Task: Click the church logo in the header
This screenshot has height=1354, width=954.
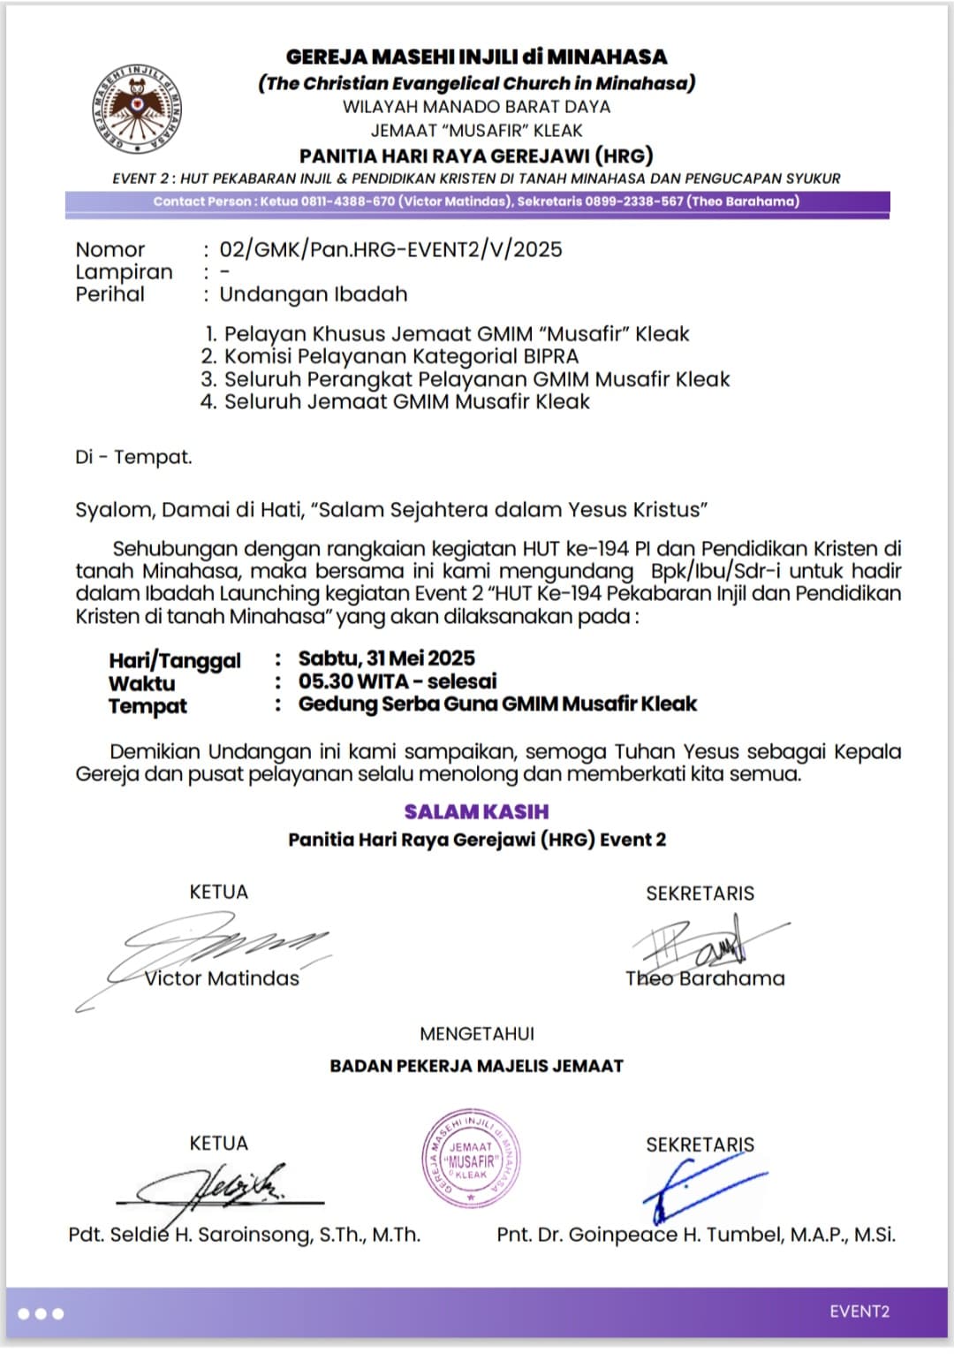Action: tap(137, 107)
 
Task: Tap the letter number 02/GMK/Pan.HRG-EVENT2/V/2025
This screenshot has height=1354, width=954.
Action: tap(390, 249)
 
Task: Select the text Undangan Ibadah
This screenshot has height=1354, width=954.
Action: tap(313, 294)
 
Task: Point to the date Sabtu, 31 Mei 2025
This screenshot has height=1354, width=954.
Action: tap(386, 658)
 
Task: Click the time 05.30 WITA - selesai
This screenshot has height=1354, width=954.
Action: tap(397, 681)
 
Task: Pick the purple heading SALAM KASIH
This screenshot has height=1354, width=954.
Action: tap(476, 811)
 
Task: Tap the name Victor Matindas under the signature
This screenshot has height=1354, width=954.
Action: tap(222, 978)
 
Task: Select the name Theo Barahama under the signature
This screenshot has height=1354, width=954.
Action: tap(705, 978)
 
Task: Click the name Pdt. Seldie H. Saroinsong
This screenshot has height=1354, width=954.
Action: tap(244, 1235)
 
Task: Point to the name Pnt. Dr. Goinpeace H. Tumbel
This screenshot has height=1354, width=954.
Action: tap(696, 1235)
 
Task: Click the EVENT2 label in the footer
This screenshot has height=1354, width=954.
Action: tap(859, 1312)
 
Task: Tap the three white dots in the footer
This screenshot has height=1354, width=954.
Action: tap(41, 1313)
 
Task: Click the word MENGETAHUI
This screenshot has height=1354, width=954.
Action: tap(477, 1034)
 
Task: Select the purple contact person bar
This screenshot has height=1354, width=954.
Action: tap(477, 202)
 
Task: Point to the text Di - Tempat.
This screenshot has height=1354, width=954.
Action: tap(133, 457)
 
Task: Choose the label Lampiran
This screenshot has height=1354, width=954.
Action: tap(124, 272)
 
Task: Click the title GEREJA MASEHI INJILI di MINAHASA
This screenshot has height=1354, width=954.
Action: tap(476, 57)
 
